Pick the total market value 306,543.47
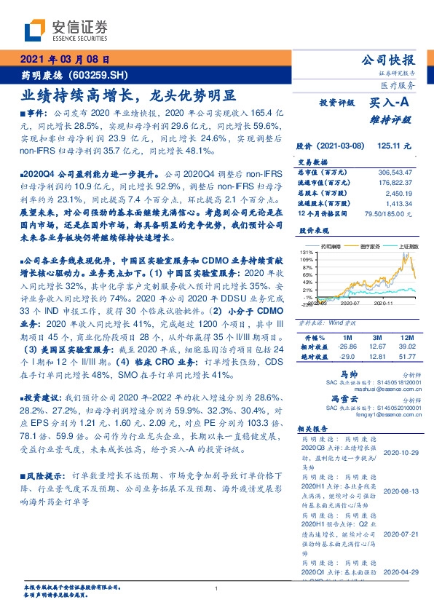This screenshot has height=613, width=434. point(398,171)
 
